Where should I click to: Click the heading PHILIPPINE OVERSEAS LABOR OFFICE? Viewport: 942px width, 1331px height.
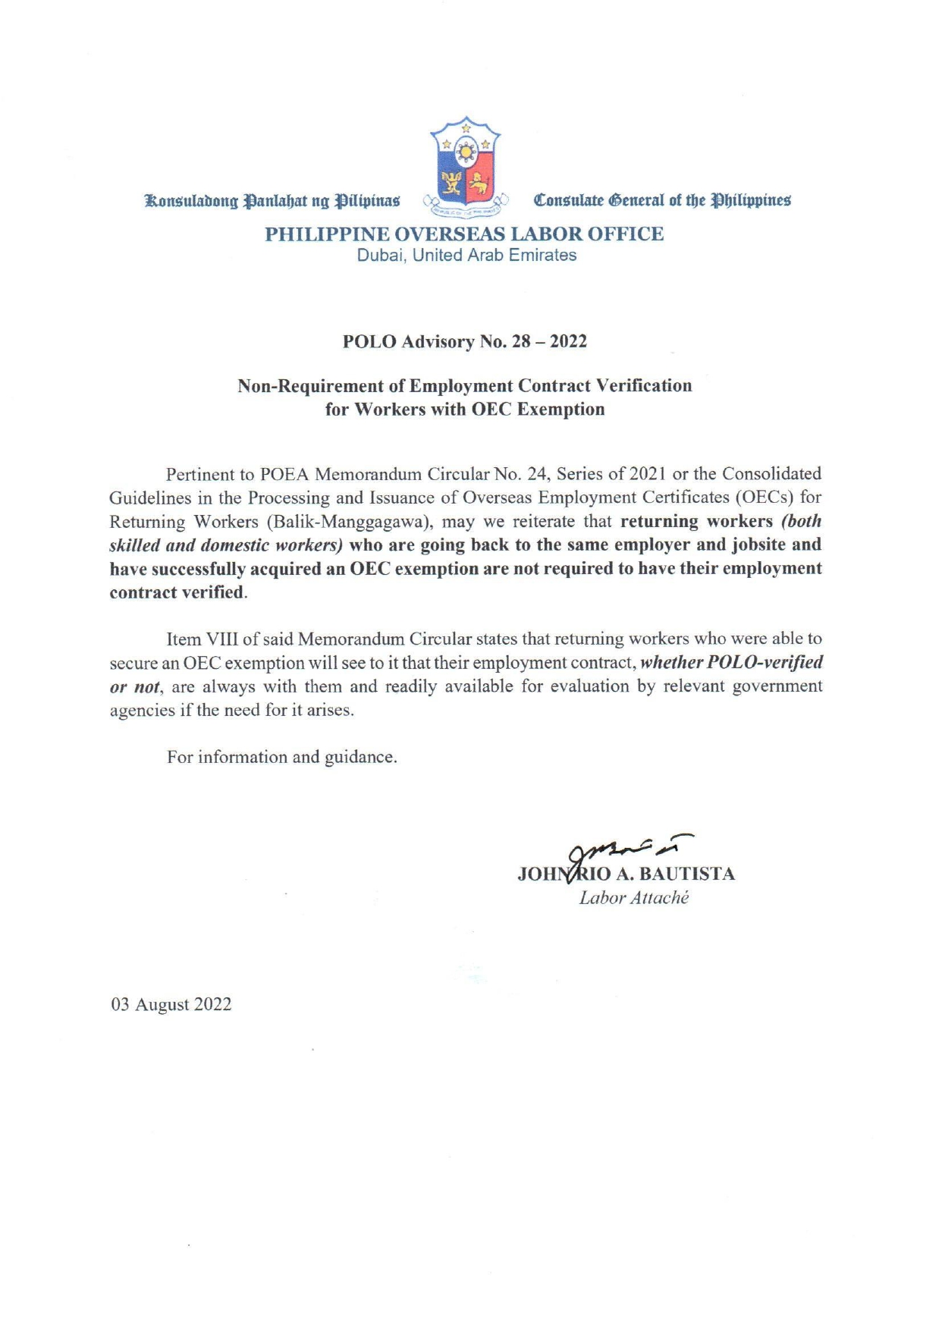tap(464, 234)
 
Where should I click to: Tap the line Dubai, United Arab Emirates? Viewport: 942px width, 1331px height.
tap(466, 256)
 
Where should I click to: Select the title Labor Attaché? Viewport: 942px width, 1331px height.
tap(633, 898)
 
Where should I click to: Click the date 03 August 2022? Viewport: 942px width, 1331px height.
tap(171, 1004)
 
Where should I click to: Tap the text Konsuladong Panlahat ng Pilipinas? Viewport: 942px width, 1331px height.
tap(272, 201)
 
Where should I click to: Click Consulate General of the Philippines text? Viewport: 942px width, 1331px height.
tap(662, 201)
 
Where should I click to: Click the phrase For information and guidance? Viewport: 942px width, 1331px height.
tap(281, 757)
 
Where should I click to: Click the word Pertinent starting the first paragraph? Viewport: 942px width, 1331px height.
tap(199, 474)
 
